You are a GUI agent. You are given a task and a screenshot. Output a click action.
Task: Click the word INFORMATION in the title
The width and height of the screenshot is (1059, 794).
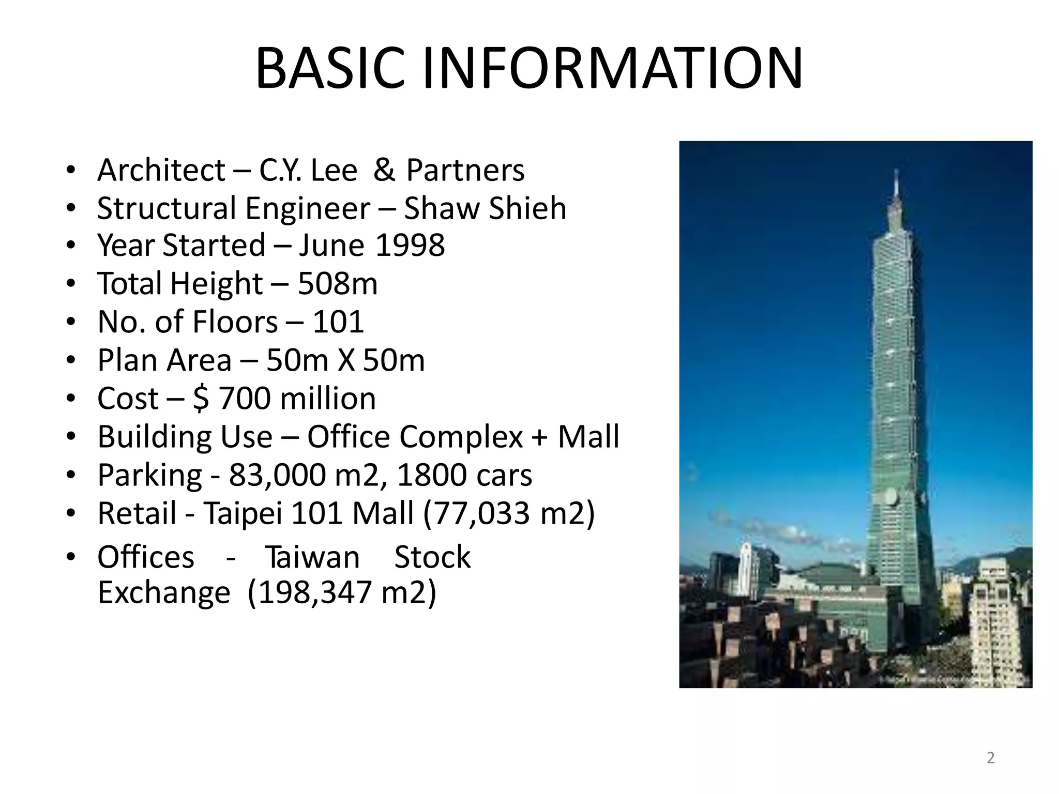coord(613,69)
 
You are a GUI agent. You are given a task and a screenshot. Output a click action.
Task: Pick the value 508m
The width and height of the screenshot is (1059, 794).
coord(338,283)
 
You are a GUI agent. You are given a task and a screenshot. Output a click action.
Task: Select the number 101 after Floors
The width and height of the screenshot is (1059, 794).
coord(339,322)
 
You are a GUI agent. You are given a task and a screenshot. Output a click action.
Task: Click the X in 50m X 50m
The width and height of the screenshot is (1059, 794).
coord(346,360)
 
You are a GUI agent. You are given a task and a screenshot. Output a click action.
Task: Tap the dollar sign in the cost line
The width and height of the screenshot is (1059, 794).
coord(201,399)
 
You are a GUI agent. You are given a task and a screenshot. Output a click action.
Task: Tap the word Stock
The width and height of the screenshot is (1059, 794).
coord(432,557)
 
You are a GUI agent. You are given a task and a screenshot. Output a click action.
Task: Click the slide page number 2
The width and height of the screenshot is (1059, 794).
coord(990,758)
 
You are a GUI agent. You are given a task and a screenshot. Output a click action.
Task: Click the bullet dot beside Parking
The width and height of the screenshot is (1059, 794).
coord(71,475)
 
